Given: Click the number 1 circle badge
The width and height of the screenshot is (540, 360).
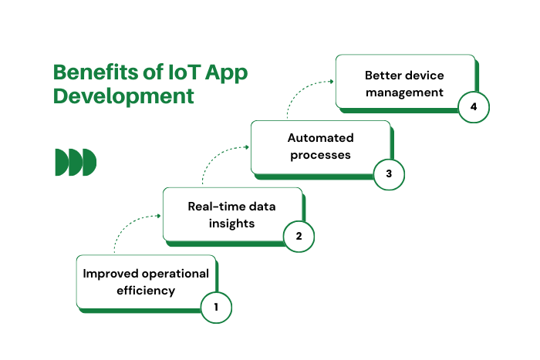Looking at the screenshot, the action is [216, 308].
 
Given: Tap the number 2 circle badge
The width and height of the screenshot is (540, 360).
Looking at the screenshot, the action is [299, 237].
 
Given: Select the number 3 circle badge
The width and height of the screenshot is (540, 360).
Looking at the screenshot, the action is [389, 174].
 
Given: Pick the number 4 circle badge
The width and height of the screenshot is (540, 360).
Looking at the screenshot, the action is [474, 107].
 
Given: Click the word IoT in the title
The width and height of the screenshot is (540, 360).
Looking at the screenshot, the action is [184, 72].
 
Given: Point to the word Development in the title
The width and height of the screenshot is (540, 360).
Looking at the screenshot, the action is [123, 96].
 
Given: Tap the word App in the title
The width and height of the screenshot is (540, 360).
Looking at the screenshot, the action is [227, 74].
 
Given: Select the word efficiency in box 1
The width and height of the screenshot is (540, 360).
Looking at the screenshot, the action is [146, 291].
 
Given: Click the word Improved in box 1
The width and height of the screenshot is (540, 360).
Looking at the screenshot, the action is [111, 274].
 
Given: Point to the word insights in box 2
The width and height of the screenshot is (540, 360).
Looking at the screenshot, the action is [231, 224].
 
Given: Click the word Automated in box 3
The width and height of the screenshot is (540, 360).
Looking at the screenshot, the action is [321, 138].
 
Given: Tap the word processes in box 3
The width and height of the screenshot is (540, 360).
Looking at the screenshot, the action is [320, 155].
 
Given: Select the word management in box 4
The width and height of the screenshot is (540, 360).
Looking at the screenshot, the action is [404, 93].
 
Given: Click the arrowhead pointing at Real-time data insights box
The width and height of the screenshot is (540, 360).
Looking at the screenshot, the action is [159, 216].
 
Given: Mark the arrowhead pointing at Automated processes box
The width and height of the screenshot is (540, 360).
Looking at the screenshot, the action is [247, 147].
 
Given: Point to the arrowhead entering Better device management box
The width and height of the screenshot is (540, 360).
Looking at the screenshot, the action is [331, 81].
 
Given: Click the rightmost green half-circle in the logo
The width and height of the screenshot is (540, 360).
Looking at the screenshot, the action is [89, 162].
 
